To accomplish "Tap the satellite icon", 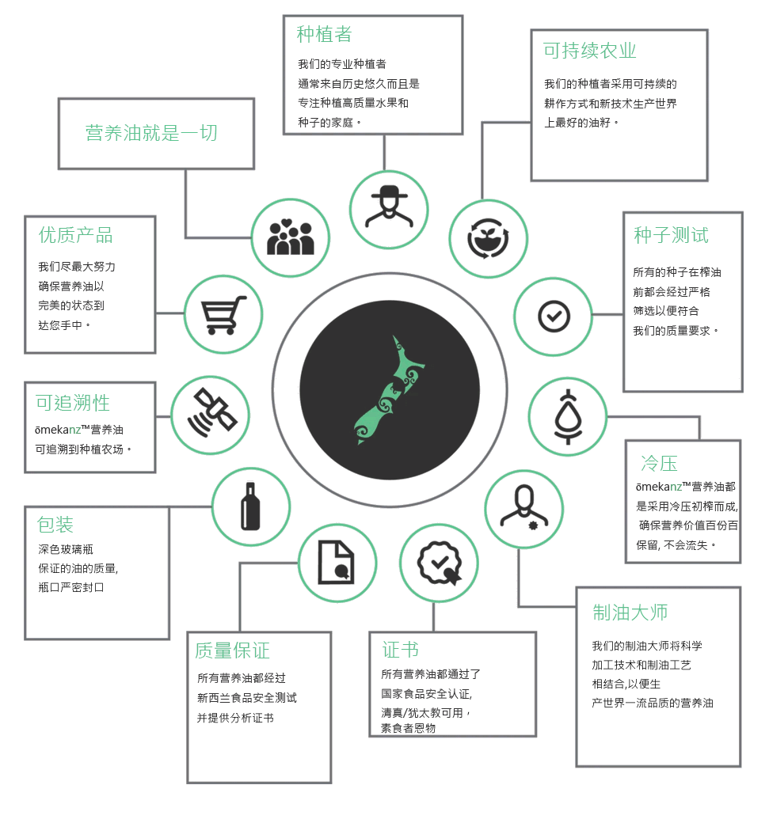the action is [x=211, y=414].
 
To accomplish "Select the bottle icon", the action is [x=250, y=506].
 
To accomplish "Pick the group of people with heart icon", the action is [x=291, y=237].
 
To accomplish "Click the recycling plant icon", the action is [x=488, y=239].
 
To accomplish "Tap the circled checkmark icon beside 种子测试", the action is [x=554, y=317].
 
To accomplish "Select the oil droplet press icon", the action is [x=568, y=417].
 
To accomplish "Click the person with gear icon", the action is [x=523, y=507].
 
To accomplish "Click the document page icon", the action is [x=336, y=562].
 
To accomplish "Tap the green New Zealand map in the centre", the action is [x=390, y=390].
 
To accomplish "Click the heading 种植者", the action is [x=324, y=35].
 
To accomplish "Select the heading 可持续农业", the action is [x=590, y=51].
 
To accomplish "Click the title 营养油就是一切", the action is [x=151, y=133].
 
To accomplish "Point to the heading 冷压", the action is [x=659, y=464].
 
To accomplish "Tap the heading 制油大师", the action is [x=630, y=613].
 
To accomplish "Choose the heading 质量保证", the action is [x=232, y=650].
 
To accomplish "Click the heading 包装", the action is [x=55, y=525].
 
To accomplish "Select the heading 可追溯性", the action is [x=73, y=403].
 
